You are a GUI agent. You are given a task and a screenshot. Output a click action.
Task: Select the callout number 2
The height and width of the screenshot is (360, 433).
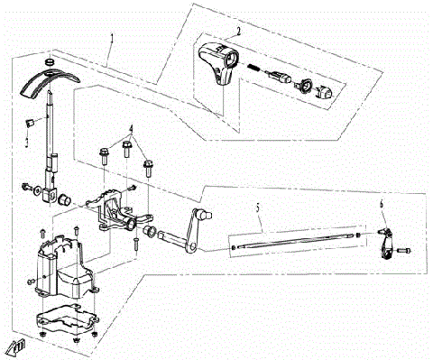pos(237,31)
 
